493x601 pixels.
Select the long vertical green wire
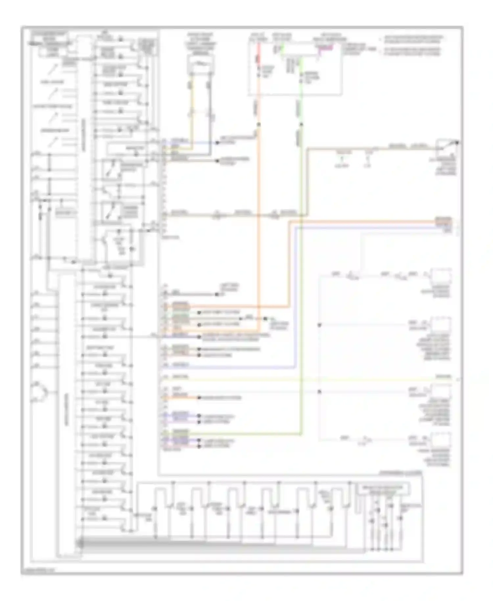pos(301,263)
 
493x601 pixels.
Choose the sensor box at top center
pos(200,64)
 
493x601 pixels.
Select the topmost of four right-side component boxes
pos(441,276)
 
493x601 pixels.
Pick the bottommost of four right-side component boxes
pos(441,440)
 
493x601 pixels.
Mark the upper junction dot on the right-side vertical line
pos(319,325)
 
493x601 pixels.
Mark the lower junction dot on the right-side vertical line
pos(319,392)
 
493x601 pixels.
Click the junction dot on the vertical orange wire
pos(258,124)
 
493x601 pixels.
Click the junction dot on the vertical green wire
pos(301,124)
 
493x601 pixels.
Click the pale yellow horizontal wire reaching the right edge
pos(309,379)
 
